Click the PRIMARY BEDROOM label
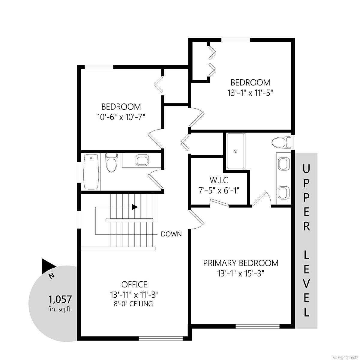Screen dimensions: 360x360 click(241, 263)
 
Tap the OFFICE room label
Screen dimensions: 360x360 click(134, 284)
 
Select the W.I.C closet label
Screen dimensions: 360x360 click(219, 180)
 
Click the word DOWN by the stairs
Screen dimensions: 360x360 click(171, 234)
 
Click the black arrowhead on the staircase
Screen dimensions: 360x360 click(135, 207)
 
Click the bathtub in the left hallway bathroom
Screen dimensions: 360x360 click(91, 172)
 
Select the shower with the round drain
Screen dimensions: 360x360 click(236, 151)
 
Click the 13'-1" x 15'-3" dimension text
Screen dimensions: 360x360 click(241, 273)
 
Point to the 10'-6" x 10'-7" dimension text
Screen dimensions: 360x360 click(121, 117)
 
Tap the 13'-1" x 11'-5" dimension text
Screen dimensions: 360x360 click(250, 92)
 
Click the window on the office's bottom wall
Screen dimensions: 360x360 click(161, 339)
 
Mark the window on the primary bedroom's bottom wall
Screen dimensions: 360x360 click(257, 326)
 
